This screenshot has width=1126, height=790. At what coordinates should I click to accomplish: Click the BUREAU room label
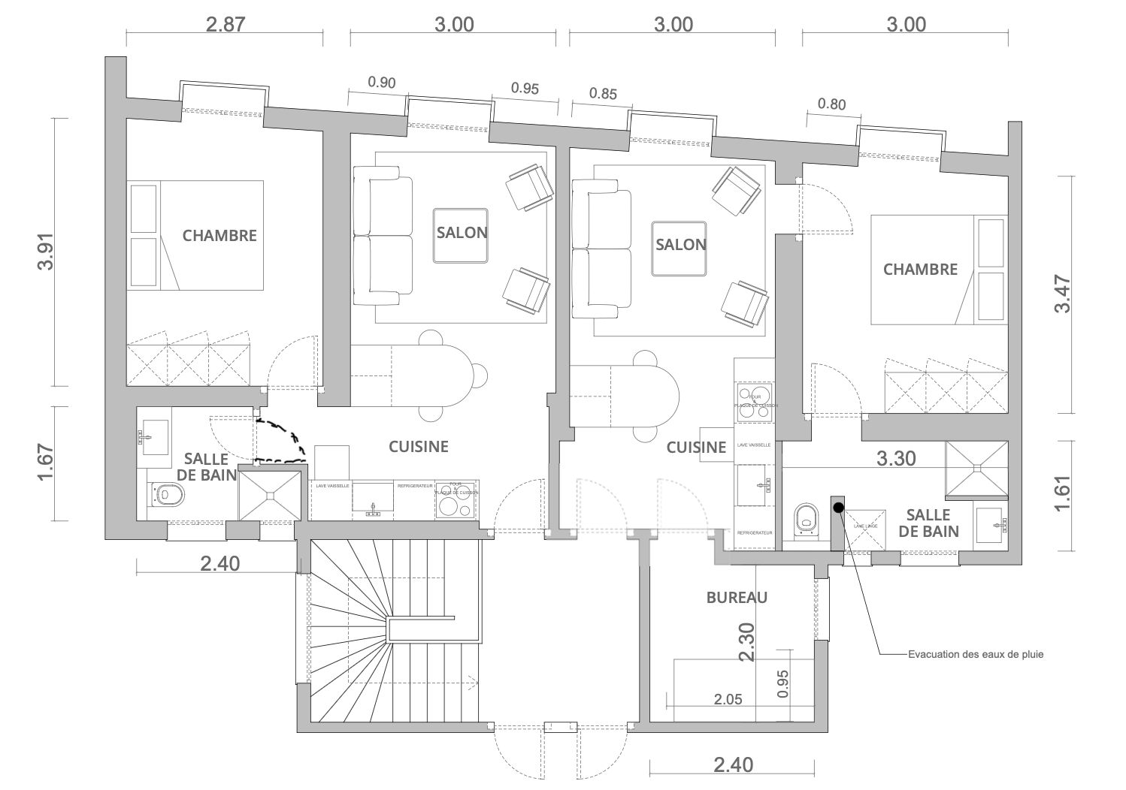pyautogui.click(x=737, y=598)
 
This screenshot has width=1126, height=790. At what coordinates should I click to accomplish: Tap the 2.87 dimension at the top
pyautogui.click(x=226, y=24)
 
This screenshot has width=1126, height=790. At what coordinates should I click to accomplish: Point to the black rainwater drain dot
pyautogui.click(x=838, y=507)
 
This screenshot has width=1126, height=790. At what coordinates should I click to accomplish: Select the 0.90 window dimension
pyautogui.click(x=381, y=83)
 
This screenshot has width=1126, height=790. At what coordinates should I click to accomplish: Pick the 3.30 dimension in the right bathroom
pyautogui.click(x=897, y=457)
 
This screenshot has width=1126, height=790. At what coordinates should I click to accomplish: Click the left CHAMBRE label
pyautogui.click(x=219, y=235)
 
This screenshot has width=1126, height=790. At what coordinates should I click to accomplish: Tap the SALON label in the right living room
pyautogui.click(x=680, y=245)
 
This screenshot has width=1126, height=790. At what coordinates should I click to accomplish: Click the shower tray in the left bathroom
pyautogui.click(x=268, y=493)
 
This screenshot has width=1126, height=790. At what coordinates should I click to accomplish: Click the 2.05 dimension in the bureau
pyautogui.click(x=727, y=699)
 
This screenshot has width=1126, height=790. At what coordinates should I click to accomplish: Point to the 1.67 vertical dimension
pyautogui.click(x=47, y=463)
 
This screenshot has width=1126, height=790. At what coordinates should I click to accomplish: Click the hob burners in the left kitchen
pyautogui.click(x=456, y=502)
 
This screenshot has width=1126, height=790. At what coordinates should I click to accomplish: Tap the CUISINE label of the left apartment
pyautogui.click(x=418, y=447)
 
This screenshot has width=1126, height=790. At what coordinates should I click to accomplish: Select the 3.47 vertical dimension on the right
pyautogui.click(x=1061, y=293)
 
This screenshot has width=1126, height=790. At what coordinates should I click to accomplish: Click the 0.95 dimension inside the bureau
pyautogui.click(x=783, y=683)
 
